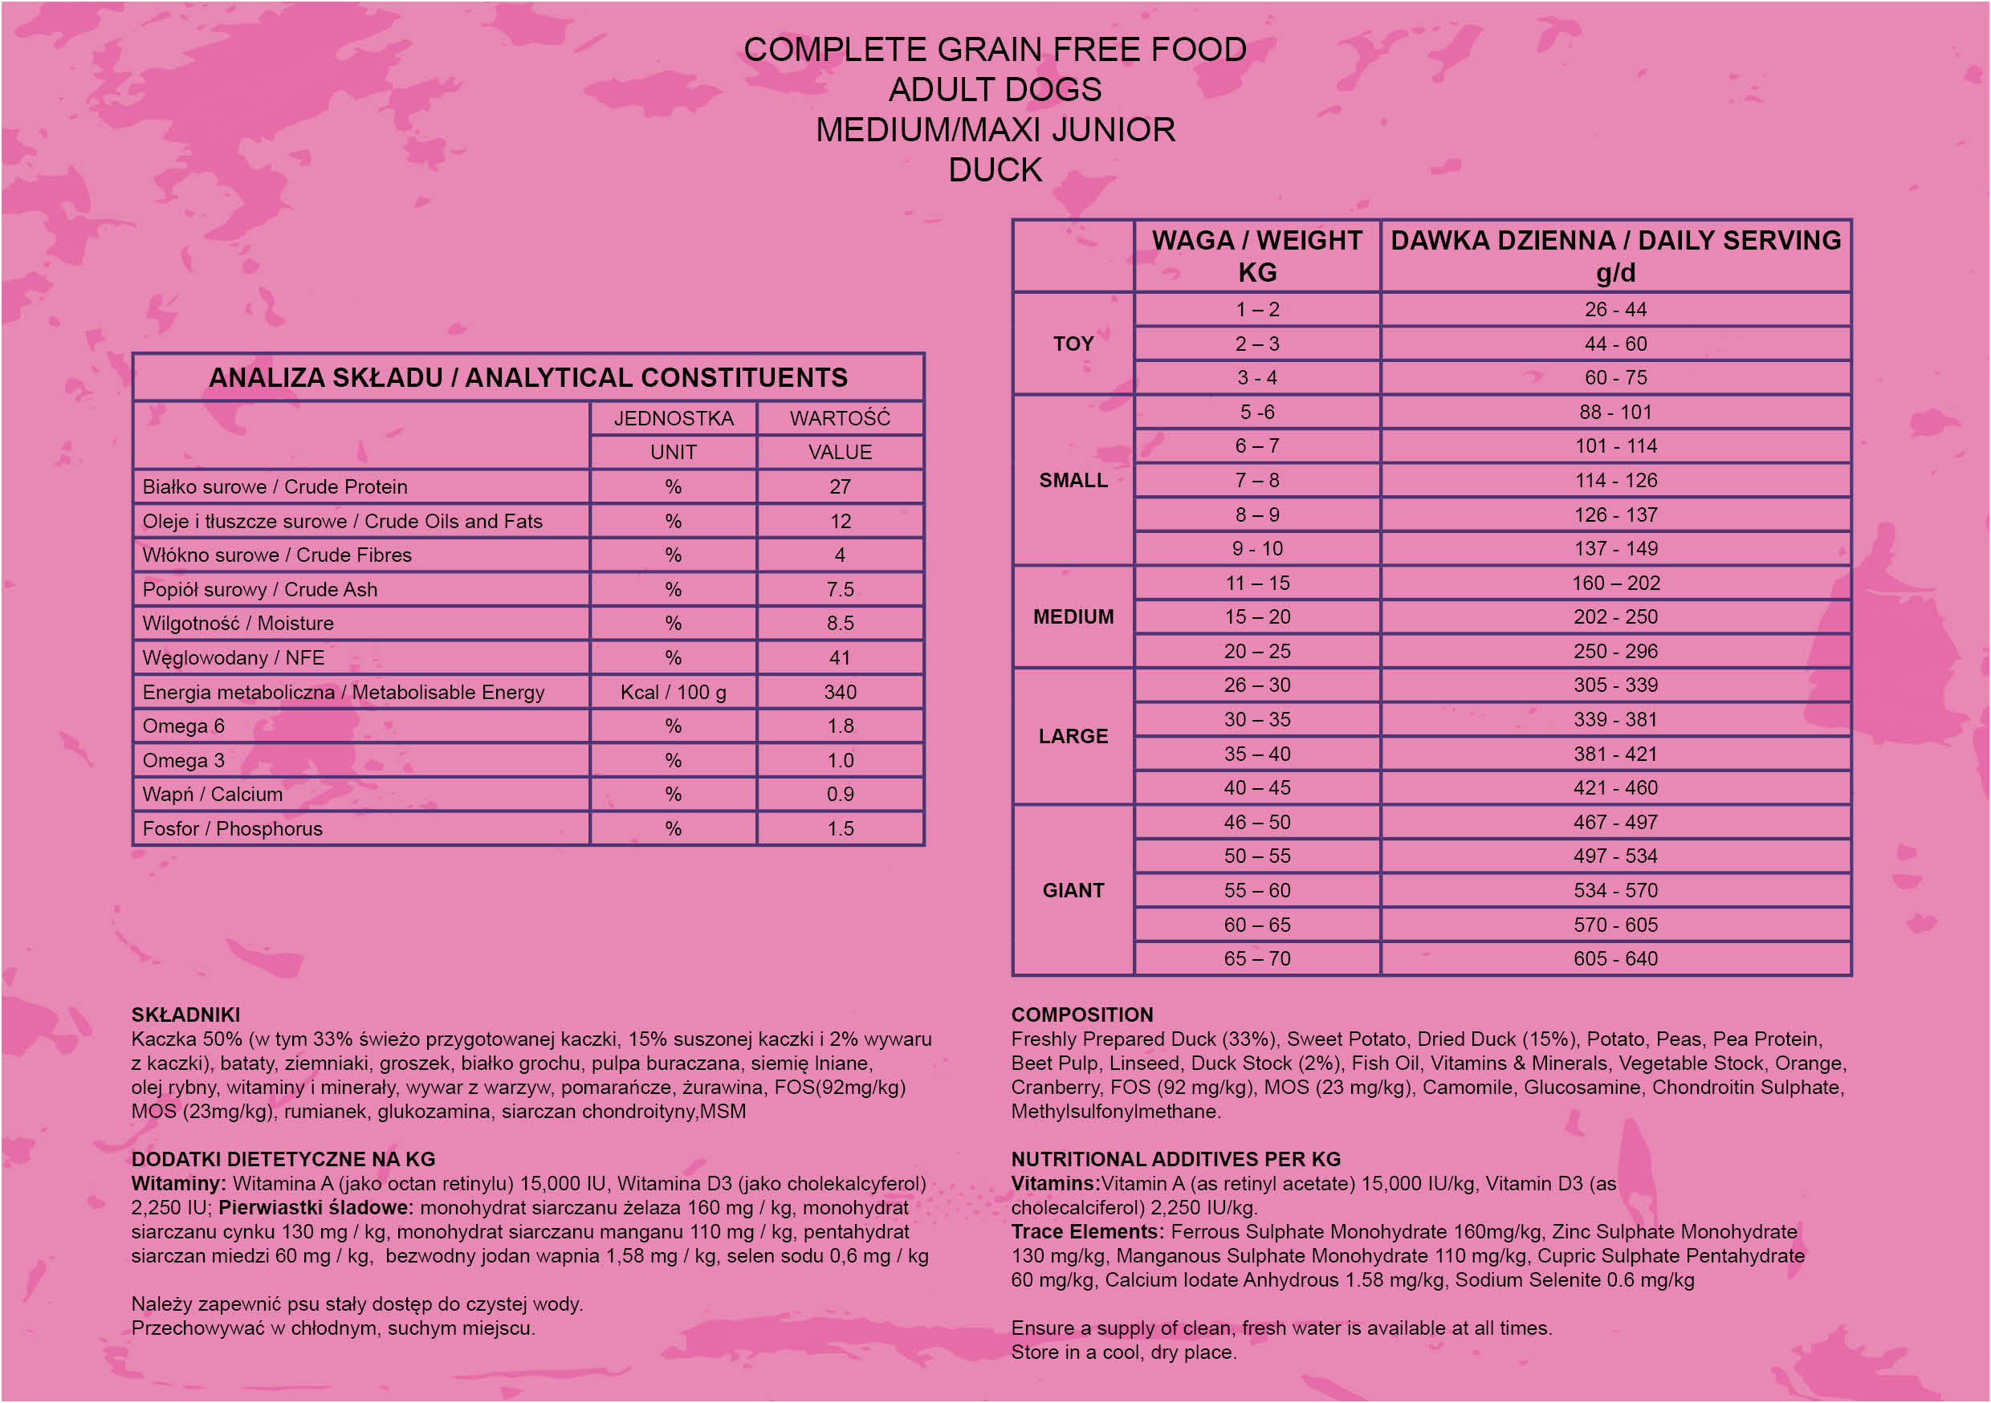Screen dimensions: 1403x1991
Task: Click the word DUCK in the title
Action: tap(995, 170)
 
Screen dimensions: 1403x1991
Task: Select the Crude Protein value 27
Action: tap(840, 487)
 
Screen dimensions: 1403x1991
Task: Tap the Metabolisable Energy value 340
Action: tap(840, 693)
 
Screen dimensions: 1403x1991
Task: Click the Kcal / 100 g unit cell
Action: tap(673, 693)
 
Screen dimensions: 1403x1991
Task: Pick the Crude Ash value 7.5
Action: tap(840, 590)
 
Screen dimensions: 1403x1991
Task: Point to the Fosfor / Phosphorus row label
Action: tap(232, 829)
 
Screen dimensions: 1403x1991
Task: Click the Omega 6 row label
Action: tap(183, 726)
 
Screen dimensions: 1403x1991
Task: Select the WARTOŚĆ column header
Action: tap(840, 419)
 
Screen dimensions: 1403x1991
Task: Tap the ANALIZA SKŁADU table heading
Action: tap(528, 378)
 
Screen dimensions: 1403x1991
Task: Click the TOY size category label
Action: tap(1073, 344)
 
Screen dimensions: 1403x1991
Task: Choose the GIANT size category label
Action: tap(1073, 891)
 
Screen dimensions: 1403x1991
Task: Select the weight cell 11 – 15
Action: tap(1256, 584)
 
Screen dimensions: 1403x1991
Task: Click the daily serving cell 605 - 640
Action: tap(1614, 959)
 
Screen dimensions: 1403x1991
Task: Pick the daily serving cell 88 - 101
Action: tap(1614, 413)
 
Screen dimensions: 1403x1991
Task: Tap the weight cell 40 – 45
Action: tap(1256, 788)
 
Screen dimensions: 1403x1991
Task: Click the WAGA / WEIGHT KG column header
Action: tap(1256, 256)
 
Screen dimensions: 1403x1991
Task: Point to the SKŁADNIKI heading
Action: tap(185, 1015)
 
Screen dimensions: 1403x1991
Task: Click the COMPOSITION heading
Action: tap(1081, 1015)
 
